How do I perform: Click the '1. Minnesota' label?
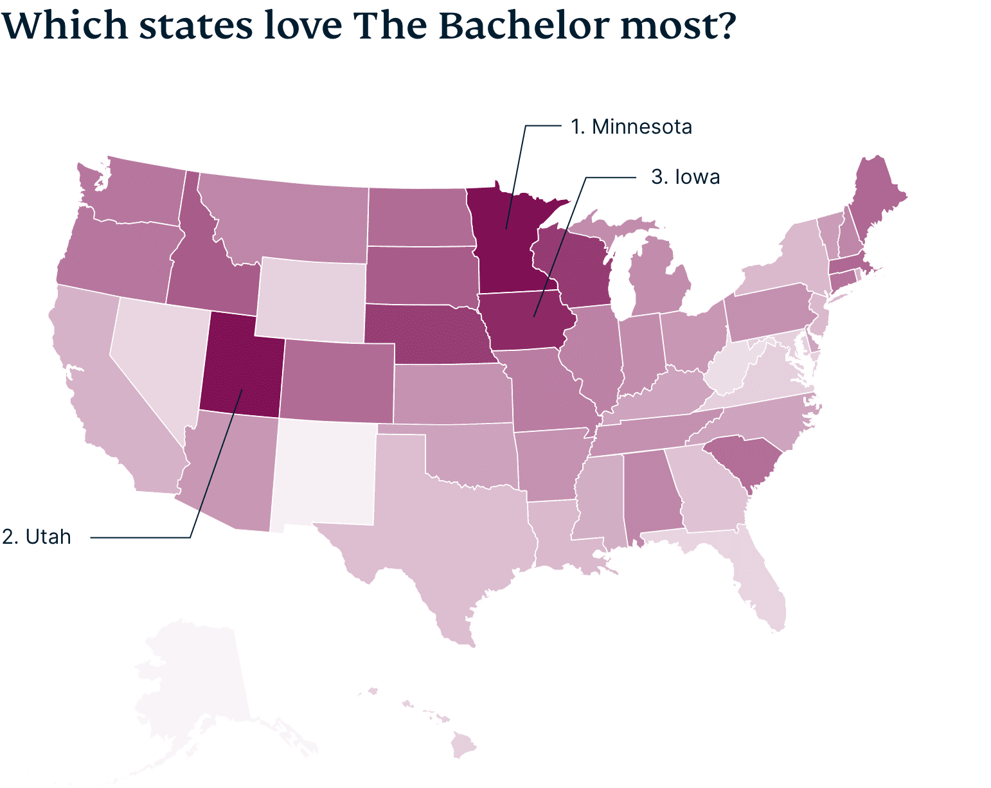[x=631, y=127]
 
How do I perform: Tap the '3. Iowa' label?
[x=685, y=177]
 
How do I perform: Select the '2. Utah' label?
[x=37, y=537]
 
